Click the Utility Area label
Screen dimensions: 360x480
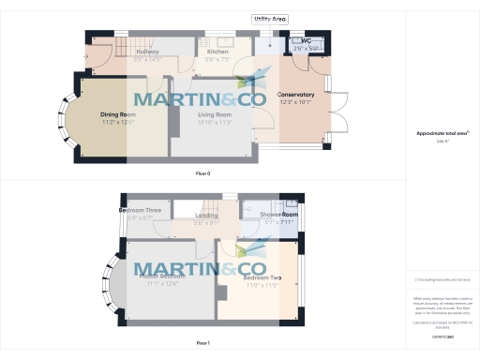270,18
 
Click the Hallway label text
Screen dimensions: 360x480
147,51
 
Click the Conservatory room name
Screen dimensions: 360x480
295,95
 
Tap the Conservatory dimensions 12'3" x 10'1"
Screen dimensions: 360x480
295,102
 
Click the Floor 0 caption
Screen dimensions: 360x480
203,174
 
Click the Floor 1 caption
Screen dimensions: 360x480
203,344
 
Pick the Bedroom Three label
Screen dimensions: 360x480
141,211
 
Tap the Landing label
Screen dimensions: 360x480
205,216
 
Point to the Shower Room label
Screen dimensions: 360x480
278,216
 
